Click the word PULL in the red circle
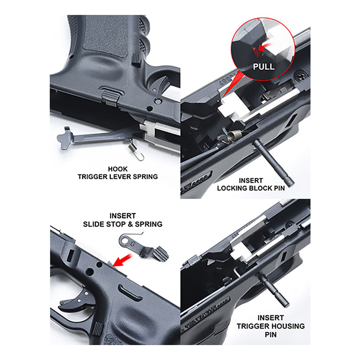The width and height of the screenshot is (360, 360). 264,67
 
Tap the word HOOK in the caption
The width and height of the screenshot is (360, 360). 117,169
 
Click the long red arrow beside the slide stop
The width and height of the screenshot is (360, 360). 122,260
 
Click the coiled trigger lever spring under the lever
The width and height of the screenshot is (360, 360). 135,150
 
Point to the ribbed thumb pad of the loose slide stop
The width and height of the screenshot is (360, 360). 161,254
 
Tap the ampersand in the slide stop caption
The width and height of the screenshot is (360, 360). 130,224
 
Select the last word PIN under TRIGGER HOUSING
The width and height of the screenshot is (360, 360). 271,335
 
